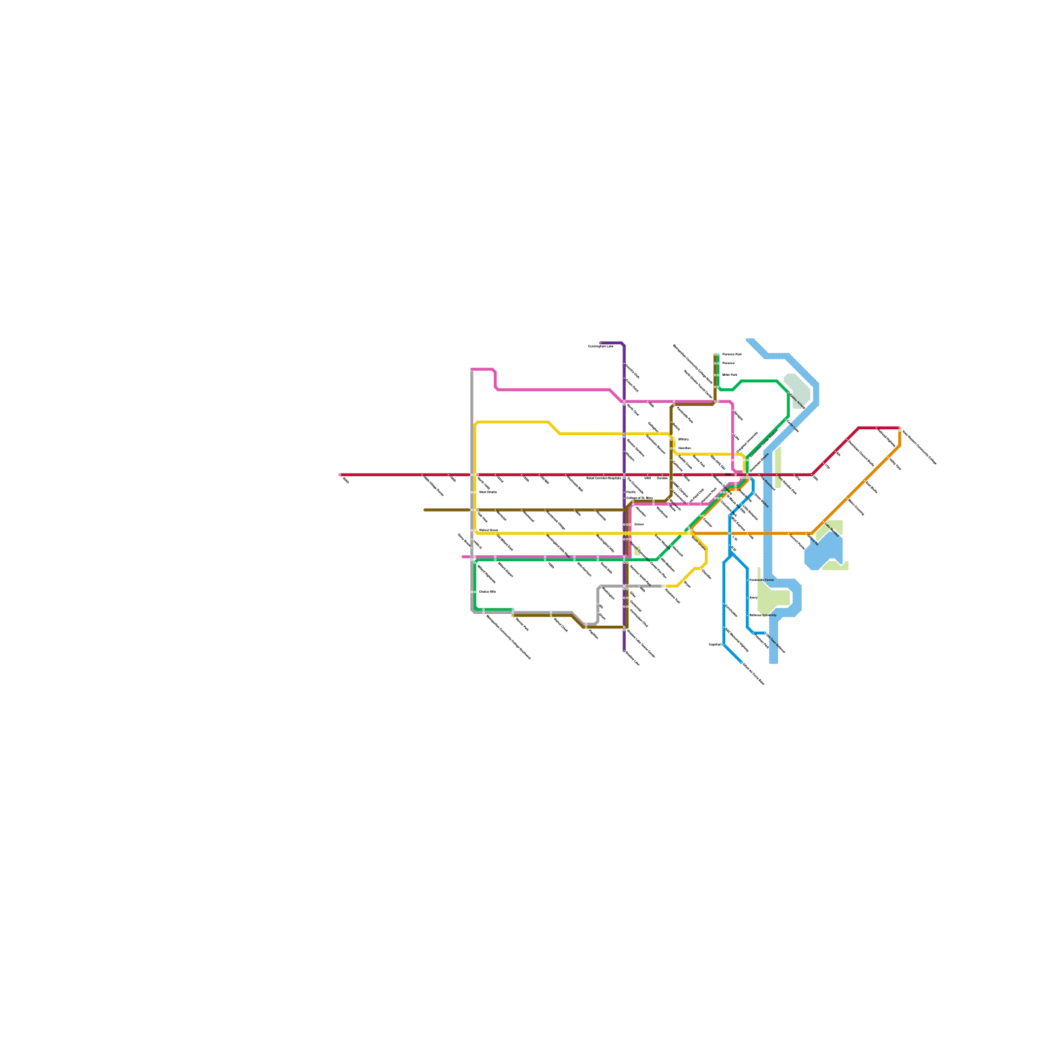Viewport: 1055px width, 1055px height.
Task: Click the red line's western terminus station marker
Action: coord(340,475)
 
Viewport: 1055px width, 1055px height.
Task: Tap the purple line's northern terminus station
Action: coord(601,343)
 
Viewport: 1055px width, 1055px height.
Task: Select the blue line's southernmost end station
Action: coord(741,661)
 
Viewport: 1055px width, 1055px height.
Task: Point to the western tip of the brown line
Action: coord(425,510)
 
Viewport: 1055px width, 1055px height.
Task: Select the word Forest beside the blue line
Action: coord(769,580)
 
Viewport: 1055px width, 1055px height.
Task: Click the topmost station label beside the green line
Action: coord(731,355)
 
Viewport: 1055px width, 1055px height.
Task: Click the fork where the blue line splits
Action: coord(731,554)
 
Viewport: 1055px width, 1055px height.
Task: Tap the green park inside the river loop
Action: coord(773,597)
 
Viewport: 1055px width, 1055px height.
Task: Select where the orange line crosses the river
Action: coord(768,533)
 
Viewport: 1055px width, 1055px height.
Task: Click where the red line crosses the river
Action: coord(768,475)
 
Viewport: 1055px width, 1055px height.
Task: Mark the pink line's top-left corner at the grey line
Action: coord(472,370)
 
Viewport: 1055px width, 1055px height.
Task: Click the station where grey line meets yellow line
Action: coord(663,586)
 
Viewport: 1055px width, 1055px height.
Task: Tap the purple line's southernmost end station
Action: coord(624,650)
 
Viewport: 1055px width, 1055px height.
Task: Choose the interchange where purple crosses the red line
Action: coord(624,475)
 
